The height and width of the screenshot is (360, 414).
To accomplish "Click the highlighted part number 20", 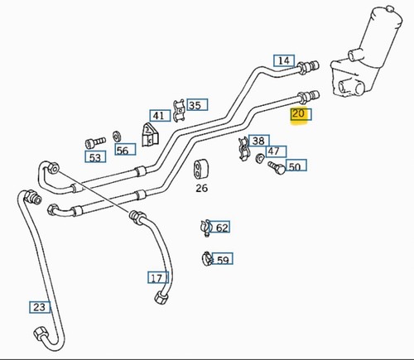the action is pyautogui.click(x=298, y=113).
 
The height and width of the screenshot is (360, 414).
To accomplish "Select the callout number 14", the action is pyautogui.click(x=284, y=60).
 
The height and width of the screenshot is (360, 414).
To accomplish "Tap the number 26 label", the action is pyautogui.click(x=201, y=188).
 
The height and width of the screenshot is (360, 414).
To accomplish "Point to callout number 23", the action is pyautogui.click(x=39, y=307).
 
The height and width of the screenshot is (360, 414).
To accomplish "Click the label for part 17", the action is pyautogui.click(x=156, y=278).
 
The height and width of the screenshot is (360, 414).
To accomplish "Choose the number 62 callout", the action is pyautogui.click(x=222, y=228).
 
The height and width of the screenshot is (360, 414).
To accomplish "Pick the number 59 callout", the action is pyautogui.click(x=223, y=260).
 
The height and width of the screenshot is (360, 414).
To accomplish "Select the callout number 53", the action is pyautogui.click(x=95, y=157).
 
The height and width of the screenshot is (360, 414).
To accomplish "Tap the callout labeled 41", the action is pyautogui.click(x=158, y=116).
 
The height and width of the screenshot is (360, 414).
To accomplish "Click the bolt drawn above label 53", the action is pyautogui.click(x=95, y=142).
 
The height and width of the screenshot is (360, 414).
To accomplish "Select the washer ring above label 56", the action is pyautogui.click(x=117, y=137).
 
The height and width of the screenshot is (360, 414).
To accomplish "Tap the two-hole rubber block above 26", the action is pyautogui.click(x=200, y=169).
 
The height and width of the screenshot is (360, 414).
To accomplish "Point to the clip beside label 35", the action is pyautogui.click(x=179, y=110).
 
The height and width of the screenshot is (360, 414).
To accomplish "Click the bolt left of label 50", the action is pyautogui.click(x=277, y=167).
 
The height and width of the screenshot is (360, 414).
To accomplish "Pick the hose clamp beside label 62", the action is pyautogui.click(x=205, y=228).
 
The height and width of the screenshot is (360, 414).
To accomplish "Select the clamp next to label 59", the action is pyautogui.click(x=207, y=259).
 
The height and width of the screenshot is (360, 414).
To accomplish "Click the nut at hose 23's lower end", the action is pyautogui.click(x=40, y=333).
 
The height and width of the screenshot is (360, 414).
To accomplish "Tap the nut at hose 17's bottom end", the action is pyautogui.click(x=160, y=297).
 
